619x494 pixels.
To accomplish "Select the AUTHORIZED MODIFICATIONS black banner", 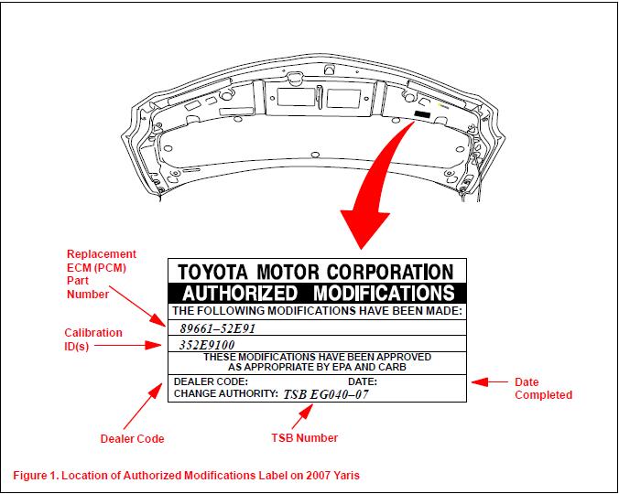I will click(318, 293).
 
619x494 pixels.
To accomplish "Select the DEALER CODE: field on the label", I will click(211, 381).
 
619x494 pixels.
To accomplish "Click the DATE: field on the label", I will click(363, 381).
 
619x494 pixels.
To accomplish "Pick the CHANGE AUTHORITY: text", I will click(225, 393).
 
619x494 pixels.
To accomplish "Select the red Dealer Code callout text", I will click(132, 439).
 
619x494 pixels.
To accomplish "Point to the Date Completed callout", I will click(543, 389).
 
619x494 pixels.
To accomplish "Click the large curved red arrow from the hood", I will click(385, 183).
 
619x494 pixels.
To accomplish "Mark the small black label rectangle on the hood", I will click(423, 114).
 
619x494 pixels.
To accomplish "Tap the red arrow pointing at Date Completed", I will click(490, 382).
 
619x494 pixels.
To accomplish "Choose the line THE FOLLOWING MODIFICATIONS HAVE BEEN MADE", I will click(318, 311).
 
